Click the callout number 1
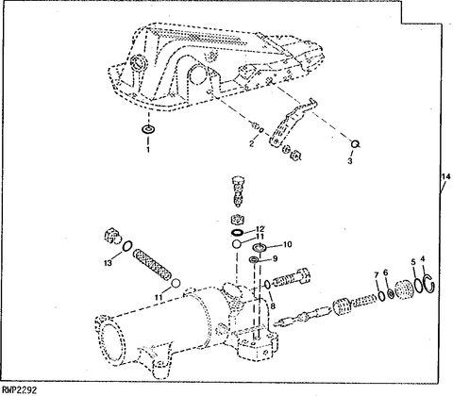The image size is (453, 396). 148,150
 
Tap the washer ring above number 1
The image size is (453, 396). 148,129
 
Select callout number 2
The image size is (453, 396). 251,144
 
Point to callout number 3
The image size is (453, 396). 350,161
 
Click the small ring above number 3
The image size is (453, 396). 356,143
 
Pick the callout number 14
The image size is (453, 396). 446,177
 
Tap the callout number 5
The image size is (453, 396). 413,261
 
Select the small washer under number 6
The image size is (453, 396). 390,294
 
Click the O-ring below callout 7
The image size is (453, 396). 381,296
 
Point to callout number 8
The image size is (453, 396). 273,305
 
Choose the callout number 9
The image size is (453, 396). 275,258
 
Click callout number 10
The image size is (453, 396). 288,244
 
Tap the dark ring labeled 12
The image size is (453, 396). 237,233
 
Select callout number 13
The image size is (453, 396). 108,262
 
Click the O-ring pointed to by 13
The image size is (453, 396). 126,246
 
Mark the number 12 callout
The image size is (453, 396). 260,229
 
